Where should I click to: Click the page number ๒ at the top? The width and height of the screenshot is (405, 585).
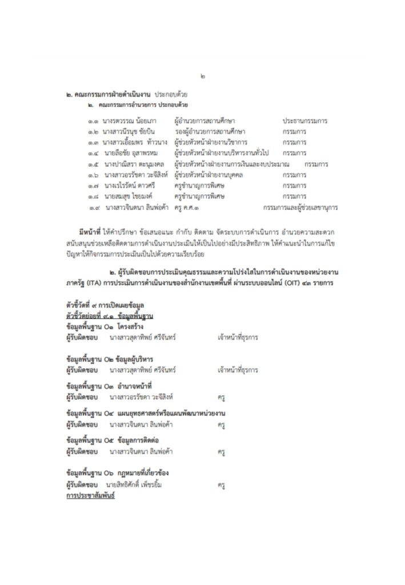[203, 76]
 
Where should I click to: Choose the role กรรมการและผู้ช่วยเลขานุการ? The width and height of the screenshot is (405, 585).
[299, 207]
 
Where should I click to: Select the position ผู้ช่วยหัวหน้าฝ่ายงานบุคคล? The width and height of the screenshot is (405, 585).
[208, 175]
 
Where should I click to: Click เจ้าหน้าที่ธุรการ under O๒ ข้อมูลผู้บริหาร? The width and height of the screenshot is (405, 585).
[239, 370]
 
